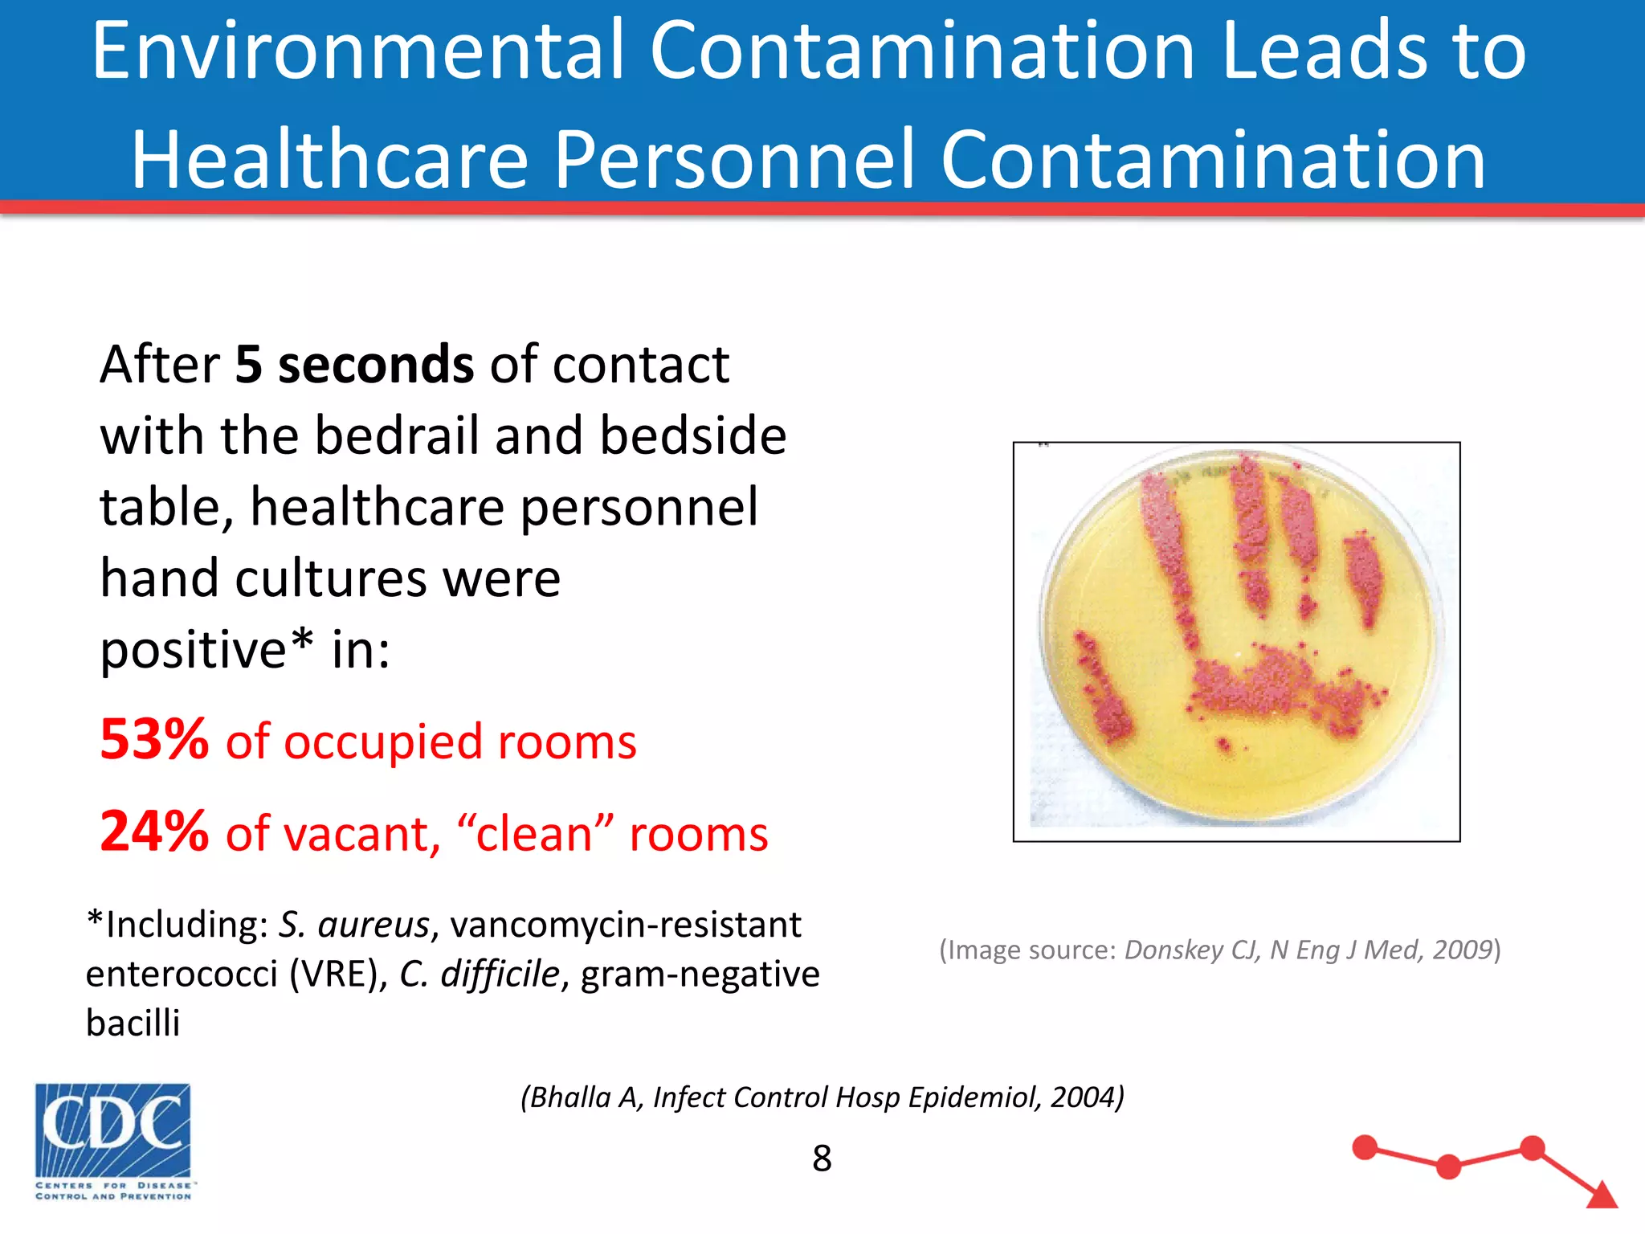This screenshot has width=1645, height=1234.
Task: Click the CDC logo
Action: pos(113,1141)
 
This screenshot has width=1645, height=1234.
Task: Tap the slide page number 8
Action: pos(822,1158)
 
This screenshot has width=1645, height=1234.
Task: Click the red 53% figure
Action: pos(154,739)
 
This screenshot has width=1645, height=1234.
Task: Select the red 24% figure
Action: pos(154,832)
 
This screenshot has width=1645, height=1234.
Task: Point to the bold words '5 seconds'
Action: pos(354,365)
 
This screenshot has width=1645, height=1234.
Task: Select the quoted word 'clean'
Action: pos(535,834)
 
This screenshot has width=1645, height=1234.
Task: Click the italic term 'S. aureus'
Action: pos(353,925)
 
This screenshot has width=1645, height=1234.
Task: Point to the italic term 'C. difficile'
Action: pos(479,974)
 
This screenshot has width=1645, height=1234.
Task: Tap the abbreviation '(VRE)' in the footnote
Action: pos(338,974)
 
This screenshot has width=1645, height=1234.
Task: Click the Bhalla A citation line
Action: pos(822,1097)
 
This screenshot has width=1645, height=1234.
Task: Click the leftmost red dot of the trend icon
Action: pos(1365,1147)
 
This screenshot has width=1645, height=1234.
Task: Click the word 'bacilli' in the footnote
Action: pos(133,1024)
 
